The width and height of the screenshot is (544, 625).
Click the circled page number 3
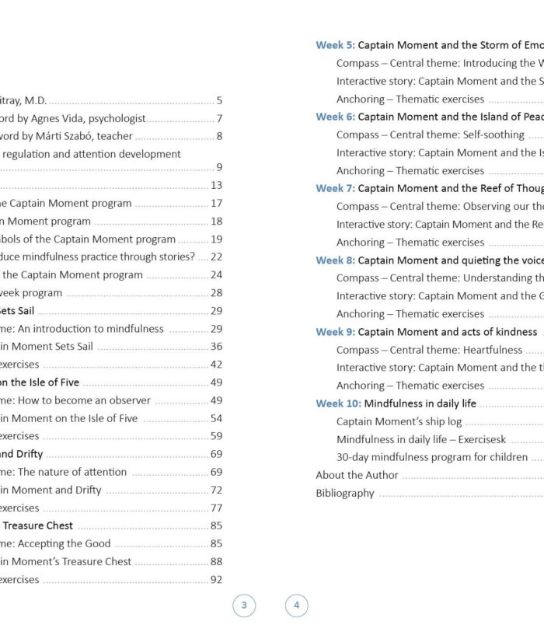point(244,605)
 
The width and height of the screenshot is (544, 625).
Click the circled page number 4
point(296,605)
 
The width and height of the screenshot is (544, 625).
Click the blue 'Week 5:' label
point(335,45)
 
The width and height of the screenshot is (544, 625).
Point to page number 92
point(216,579)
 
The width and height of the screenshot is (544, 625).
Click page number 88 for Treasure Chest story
point(216,561)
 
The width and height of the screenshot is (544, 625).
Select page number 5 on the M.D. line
point(219,100)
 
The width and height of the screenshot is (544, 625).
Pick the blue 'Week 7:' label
point(335,188)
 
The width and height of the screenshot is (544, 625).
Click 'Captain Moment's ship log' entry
point(399,421)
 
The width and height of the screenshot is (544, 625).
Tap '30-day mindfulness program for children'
point(432,457)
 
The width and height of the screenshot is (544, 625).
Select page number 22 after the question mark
point(216,257)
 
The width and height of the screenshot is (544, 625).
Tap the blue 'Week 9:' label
point(335,332)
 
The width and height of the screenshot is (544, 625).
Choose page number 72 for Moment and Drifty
point(216,490)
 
